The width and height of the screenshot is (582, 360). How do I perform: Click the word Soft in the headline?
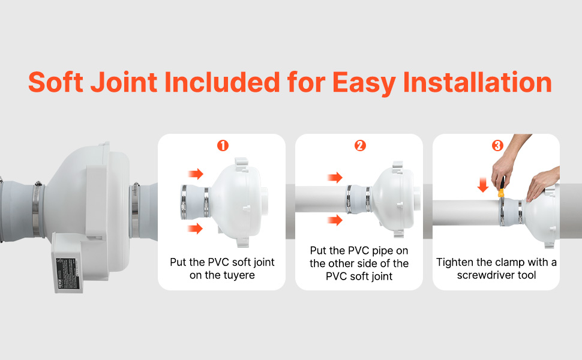click(x=58, y=82)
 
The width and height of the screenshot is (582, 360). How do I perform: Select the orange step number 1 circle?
click(x=223, y=146)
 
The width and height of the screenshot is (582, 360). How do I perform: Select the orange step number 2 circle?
click(x=360, y=146)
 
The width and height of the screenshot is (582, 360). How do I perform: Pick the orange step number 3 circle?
click(x=497, y=146)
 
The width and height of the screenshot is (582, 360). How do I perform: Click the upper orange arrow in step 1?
click(x=195, y=174)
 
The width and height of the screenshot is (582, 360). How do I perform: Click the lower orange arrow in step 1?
click(x=195, y=229)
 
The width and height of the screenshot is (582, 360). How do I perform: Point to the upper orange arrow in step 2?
click(x=334, y=177)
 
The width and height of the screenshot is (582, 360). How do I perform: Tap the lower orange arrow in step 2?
click(x=334, y=220)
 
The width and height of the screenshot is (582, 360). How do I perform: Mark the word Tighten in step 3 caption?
click(x=454, y=262)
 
